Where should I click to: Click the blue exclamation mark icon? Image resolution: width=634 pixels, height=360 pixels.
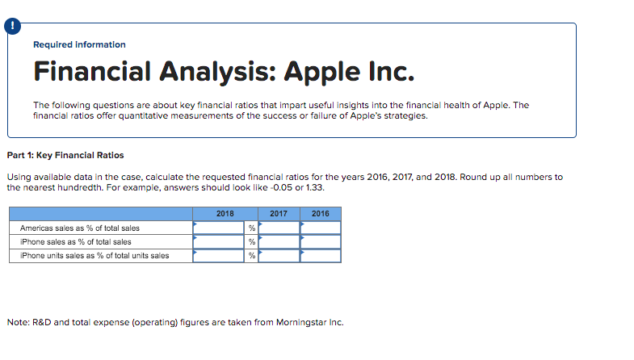coord(13,27)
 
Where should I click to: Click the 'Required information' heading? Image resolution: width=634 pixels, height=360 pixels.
coord(79,44)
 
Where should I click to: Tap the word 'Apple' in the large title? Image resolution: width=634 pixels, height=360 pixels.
coord(322,72)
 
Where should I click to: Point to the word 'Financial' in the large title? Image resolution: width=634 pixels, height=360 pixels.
coord(92,71)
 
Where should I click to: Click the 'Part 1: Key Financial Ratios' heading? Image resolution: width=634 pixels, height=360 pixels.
coord(65,155)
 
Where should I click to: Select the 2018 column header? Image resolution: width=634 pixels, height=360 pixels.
coord(225,214)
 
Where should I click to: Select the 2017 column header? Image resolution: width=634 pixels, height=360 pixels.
coord(279,214)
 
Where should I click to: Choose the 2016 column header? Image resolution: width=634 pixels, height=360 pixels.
coord(321,214)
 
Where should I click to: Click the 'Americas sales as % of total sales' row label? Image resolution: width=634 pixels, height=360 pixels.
coord(80,228)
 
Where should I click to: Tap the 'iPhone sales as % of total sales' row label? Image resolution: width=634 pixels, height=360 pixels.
coord(76,242)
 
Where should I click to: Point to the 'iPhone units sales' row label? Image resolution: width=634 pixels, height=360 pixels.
coord(94,256)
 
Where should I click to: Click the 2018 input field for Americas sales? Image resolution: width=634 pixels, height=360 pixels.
coord(218,228)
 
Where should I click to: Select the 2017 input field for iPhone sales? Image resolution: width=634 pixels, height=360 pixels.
coord(279,241)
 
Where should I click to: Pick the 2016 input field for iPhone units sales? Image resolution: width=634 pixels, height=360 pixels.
coord(321,255)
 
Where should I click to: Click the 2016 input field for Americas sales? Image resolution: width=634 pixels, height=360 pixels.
coord(321,228)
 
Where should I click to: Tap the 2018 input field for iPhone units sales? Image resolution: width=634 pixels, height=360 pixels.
coord(218,255)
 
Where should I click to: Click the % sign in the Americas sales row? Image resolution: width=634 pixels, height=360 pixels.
coord(252,228)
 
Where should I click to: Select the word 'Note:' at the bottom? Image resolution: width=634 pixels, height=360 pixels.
coord(19,322)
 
